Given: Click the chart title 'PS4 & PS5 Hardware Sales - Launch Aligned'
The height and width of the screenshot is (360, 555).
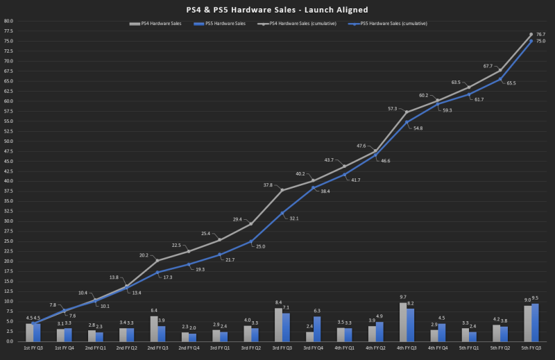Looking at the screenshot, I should pos(277,9).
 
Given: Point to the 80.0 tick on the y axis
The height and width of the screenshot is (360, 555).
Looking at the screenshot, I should pos(8,21).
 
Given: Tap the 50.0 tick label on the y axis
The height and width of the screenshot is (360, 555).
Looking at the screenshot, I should pos(8,141).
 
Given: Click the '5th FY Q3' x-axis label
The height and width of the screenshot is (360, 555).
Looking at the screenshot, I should pos(530,347).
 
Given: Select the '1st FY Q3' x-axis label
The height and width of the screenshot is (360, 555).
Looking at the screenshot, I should pos(33,347).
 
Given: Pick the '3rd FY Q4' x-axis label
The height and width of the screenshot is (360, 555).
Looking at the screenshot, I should pos(313,347).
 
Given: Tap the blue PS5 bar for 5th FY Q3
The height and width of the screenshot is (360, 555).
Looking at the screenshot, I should pos(535,323).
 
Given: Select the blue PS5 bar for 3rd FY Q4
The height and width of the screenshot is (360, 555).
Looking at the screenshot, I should pos(317,329).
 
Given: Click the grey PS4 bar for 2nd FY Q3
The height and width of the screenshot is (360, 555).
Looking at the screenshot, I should pos(153,328).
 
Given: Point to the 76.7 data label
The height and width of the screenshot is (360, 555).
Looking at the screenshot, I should pos(540,34).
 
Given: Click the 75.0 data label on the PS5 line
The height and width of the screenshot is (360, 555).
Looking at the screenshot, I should pos(540,41).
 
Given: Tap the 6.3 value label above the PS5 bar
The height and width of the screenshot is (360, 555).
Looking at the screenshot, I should pos(318,310).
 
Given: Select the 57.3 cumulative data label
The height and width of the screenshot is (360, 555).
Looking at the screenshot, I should pos(393,108).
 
